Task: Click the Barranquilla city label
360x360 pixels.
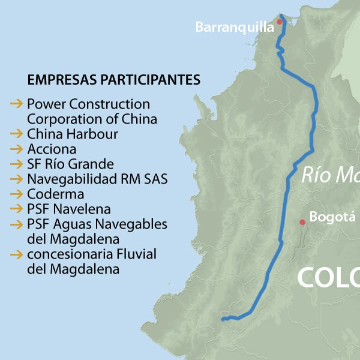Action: pyautogui.click(x=235, y=27)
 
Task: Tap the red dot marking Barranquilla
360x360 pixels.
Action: pyautogui.click(x=279, y=22)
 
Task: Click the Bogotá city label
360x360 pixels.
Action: pyautogui.click(x=332, y=217)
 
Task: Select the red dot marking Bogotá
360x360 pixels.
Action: pyautogui.click(x=302, y=222)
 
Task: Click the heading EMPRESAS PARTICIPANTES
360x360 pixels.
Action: pyautogui.click(x=114, y=80)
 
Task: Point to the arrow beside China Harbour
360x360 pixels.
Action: pyautogui.click(x=16, y=134)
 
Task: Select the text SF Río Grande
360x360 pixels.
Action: pyautogui.click(x=70, y=164)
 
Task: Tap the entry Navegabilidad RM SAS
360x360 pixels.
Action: pyautogui.click(x=97, y=179)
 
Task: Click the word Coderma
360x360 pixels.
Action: pyautogui.click(x=55, y=194)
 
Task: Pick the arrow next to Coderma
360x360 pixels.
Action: pyautogui.click(x=16, y=194)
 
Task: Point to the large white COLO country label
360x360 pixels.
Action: pyautogui.click(x=328, y=278)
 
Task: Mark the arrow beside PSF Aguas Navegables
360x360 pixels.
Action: pyautogui.click(x=16, y=224)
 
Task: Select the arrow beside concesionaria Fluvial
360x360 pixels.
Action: pyautogui.click(x=16, y=254)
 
